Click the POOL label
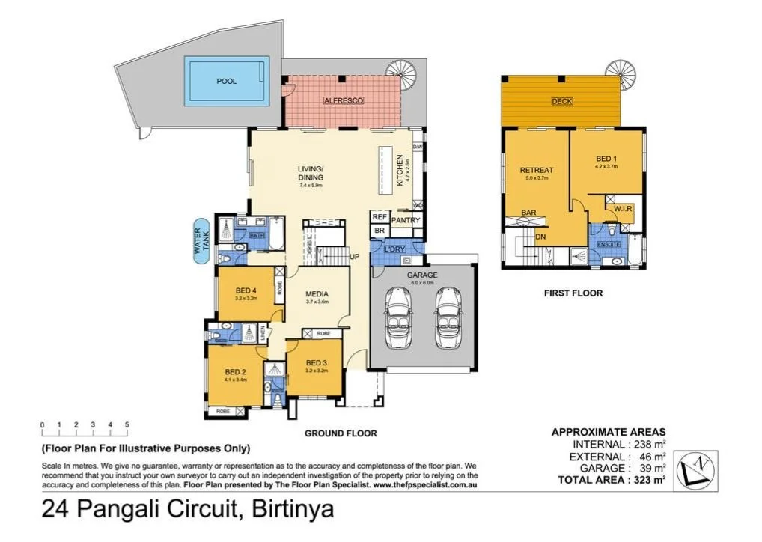pyautogui.click(x=226, y=81)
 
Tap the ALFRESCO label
pyautogui.click(x=343, y=100)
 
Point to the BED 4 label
pyautogui.click(x=246, y=290)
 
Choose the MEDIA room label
pyautogui.click(x=317, y=293)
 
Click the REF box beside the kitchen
pyautogui.click(x=379, y=216)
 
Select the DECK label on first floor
pyautogui.click(x=561, y=102)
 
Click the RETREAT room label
pyautogui.click(x=536, y=171)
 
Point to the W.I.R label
pyautogui.click(x=624, y=207)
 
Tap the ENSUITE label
pyautogui.click(x=607, y=245)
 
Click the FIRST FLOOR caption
pyautogui.click(x=573, y=293)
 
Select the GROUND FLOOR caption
pyautogui.click(x=340, y=433)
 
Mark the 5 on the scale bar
pyautogui.click(x=127, y=425)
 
